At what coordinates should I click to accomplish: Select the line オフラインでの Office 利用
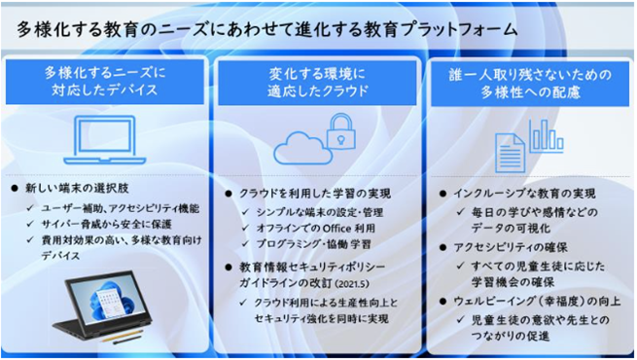click(311, 227)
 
